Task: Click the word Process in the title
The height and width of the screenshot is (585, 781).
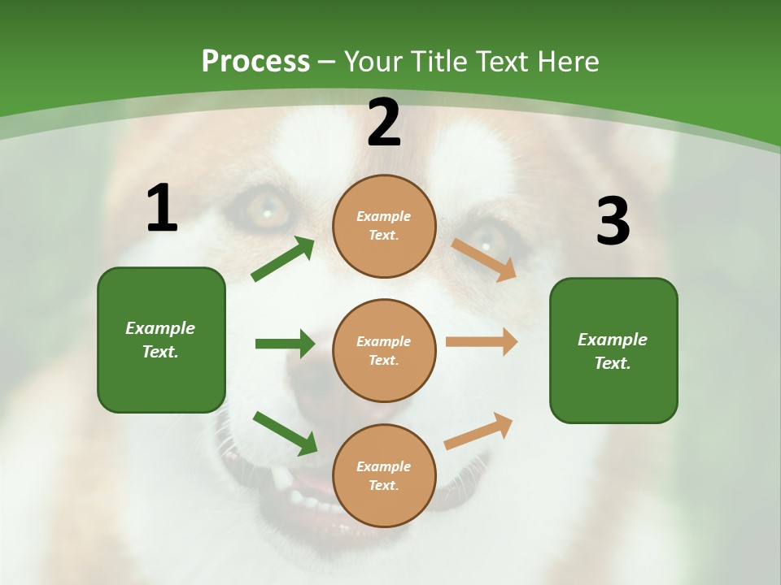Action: pyautogui.click(x=255, y=62)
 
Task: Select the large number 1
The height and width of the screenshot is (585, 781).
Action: pyautogui.click(x=162, y=208)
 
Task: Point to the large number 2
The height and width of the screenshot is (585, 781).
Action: pyautogui.click(x=384, y=123)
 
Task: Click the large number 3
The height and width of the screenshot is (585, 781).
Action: pyautogui.click(x=613, y=221)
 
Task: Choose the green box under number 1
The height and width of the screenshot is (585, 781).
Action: pyautogui.click(x=161, y=340)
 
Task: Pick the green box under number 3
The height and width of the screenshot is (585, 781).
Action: pyautogui.click(x=613, y=351)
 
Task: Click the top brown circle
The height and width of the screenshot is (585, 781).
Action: pyautogui.click(x=384, y=226)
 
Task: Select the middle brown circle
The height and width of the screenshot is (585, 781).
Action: pyautogui.click(x=384, y=351)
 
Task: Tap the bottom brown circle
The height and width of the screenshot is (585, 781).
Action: pyautogui.click(x=384, y=476)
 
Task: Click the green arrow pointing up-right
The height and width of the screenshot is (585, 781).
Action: pyautogui.click(x=283, y=259)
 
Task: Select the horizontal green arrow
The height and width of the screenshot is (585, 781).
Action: pyautogui.click(x=285, y=344)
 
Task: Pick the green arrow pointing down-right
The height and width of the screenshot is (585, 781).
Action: pyautogui.click(x=285, y=433)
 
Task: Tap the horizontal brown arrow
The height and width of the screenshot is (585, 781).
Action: pyautogui.click(x=482, y=342)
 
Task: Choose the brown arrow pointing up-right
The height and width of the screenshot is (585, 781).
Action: pyautogui.click(x=479, y=431)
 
